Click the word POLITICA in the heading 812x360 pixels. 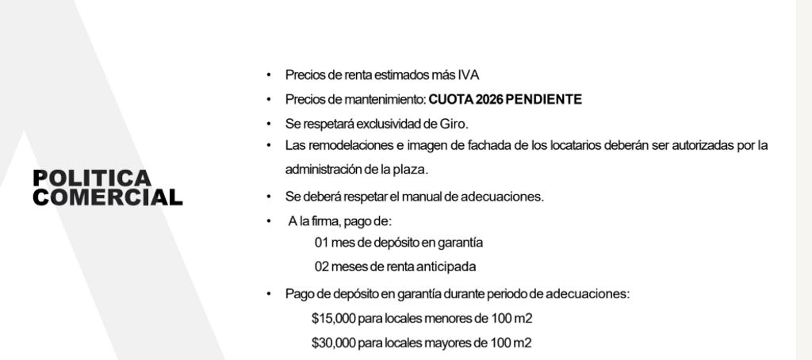click(x=91, y=178)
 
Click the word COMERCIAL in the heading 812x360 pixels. click(x=107, y=197)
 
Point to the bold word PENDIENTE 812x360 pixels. click(x=543, y=100)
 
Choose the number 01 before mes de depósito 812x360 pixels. click(x=322, y=243)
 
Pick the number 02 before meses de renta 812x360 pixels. click(x=322, y=266)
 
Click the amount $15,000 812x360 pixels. click(x=334, y=319)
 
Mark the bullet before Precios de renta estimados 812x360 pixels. click(x=269, y=75)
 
